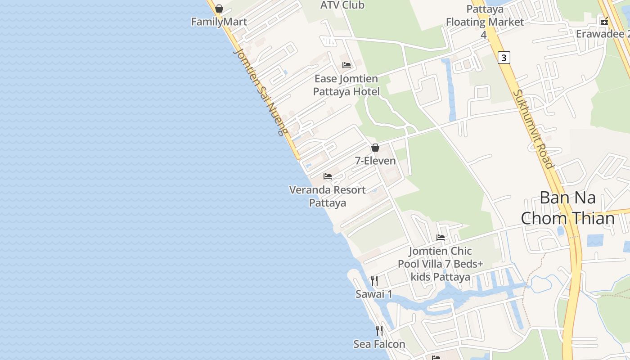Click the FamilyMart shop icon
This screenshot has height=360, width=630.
pos(219,9)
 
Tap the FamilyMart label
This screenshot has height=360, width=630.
pos(219,22)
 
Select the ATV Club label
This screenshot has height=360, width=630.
pos(342,5)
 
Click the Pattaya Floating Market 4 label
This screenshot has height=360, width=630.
pos(485,22)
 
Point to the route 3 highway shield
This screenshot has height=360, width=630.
pos(504,58)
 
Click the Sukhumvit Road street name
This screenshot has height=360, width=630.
pos(533,129)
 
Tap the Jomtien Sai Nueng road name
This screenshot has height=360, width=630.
pos(260,92)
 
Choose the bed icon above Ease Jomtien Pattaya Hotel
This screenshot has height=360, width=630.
pos(346,65)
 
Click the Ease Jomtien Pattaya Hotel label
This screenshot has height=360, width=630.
pos(346,85)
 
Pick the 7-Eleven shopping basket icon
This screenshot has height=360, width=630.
pos(375,148)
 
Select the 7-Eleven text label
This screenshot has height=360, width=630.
pos(375,161)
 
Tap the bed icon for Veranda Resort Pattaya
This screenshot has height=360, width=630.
pos(328,176)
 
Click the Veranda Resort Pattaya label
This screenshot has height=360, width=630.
pos(328,196)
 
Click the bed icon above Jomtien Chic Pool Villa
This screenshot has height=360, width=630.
pos(441,238)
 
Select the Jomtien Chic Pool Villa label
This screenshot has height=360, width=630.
pos(441,264)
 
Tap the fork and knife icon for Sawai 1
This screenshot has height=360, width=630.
pos(374,281)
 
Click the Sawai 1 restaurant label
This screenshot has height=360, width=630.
pos(374,294)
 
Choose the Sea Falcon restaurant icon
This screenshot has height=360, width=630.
pos(379,331)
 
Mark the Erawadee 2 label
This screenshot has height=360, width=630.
pos(602,34)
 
